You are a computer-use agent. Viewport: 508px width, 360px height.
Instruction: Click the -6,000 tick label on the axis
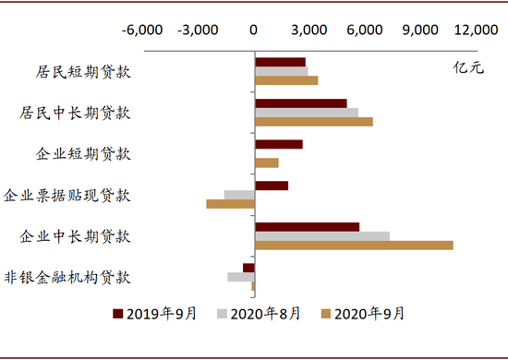141,30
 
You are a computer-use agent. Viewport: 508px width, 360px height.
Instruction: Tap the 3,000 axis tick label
309,30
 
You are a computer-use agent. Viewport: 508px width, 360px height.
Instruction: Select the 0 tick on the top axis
254,30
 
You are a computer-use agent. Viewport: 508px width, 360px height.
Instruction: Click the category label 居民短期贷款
76,72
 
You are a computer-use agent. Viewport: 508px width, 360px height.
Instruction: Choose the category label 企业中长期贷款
76,235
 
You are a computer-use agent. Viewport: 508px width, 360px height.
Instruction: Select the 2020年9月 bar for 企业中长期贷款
354,246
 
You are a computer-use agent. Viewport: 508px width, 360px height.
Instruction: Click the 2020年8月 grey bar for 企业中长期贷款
321,236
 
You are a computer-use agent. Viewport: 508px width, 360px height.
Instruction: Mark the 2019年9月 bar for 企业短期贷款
278,144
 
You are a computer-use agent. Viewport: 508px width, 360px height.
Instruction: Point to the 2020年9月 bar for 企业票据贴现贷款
230,204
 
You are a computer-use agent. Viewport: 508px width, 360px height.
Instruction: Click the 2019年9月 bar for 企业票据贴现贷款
271,186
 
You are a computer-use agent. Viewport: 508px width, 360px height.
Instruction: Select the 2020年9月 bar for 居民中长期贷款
313,122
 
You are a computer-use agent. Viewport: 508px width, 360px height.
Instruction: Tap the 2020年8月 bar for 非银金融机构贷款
240,277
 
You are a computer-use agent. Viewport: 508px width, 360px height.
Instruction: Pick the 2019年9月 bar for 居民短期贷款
280,62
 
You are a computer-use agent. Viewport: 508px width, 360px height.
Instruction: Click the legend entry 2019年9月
154,314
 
